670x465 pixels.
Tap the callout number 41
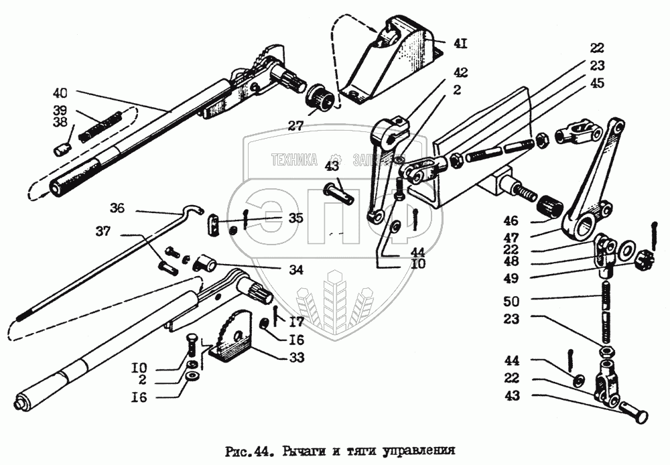(460, 44)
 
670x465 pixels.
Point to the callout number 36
(118, 209)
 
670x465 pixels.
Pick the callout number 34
(295, 270)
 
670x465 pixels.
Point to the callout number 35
(295, 218)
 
